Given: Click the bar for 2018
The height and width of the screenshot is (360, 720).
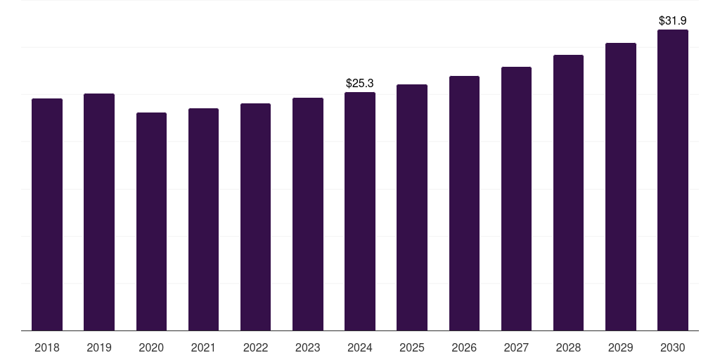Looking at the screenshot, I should [47, 214].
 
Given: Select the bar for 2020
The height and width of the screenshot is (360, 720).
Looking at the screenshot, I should [151, 221].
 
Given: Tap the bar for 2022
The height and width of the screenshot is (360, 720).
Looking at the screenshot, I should [255, 217].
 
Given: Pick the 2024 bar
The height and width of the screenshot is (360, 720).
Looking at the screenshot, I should [360, 211].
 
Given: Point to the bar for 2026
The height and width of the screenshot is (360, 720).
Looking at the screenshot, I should [464, 203].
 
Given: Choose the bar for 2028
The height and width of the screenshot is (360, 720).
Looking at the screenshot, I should [568, 193].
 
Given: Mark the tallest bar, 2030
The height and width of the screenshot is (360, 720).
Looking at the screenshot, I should [673, 180].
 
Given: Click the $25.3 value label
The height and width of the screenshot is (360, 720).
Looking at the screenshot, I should [360, 84].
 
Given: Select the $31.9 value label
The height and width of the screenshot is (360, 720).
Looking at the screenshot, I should [673, 21].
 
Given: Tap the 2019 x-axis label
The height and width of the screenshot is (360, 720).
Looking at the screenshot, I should [99, 347].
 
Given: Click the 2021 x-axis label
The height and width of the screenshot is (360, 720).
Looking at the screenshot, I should [203, 347].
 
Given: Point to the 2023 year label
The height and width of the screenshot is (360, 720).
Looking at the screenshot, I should [308, 347].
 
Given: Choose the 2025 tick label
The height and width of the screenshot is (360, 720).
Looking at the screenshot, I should [412, 347].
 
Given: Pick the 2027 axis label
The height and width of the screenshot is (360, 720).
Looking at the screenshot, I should [516, 347].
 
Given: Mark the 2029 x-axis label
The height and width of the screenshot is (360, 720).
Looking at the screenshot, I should [621, 347].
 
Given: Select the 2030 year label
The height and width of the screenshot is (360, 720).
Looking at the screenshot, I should [673, 347].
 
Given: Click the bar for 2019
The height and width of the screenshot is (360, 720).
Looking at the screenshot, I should [99, 212].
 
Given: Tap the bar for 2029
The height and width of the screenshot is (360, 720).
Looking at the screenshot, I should [621, 186].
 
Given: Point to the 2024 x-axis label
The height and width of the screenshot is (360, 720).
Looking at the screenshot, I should [360, 347].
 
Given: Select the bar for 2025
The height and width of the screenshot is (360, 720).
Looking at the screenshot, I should [412, 207].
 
